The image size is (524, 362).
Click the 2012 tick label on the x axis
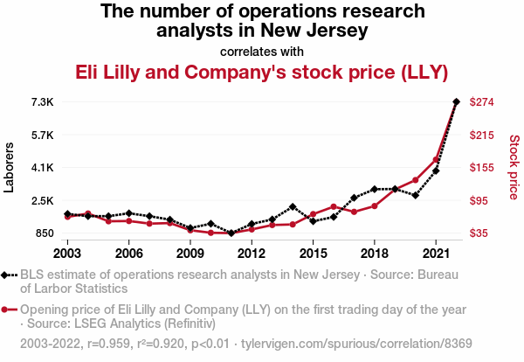tap(252, 254)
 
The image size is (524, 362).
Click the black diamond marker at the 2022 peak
tap(456, 102)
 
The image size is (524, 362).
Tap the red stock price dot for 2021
tap(436, 159)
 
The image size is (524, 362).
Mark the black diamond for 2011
tap(231, 233)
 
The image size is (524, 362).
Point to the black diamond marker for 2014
tap(293, 206)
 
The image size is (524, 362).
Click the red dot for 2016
tap(334, 206)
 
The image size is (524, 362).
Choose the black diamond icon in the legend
tap(9, 274)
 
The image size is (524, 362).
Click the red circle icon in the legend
tap(9, 310)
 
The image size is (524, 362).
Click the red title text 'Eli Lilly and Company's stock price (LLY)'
tap(262, 72)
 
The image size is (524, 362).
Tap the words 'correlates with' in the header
tap(262, 50)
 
